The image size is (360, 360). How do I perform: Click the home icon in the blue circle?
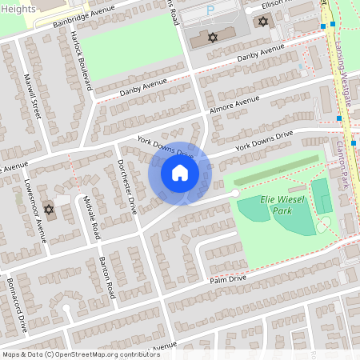tap(180, 173)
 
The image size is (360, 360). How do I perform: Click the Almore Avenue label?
tap(235, 106)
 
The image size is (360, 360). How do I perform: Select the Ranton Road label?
tap(107, 276)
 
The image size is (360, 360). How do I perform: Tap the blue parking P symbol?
tap(210, 12)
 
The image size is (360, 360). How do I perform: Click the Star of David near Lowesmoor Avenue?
tap(48, 210)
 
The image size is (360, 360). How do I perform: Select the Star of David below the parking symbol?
tap(213, 37)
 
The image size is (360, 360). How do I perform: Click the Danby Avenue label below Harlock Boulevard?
tap(143, 86)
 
